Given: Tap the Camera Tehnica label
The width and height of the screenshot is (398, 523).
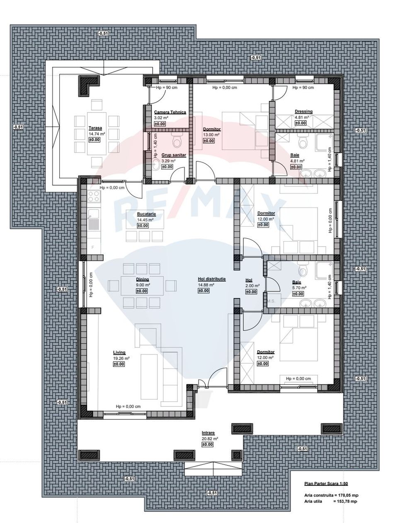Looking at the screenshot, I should (170, 112).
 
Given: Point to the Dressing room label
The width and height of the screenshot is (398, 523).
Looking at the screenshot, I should (303, 111).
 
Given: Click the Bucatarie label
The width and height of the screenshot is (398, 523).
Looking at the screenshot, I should (146, 214).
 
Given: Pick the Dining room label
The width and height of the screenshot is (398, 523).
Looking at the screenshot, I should (142, 279).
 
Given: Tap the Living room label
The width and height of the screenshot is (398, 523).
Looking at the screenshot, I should (119, 352).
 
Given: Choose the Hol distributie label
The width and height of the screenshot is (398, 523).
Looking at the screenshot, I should (211, 279).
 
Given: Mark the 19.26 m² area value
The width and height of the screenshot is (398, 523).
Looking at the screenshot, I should (121, 358).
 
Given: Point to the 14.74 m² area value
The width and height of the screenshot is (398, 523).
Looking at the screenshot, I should (97, 134).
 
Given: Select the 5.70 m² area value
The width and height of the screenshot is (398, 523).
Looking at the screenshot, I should (299, 288).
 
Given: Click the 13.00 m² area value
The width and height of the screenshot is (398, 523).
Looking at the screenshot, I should (211, 134).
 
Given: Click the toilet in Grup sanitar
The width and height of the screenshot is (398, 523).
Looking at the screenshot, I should (177, 141).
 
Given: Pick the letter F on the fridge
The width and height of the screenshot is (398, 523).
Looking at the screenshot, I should (92, 247).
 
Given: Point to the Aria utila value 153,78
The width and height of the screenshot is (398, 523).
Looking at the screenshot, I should (347, 501).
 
